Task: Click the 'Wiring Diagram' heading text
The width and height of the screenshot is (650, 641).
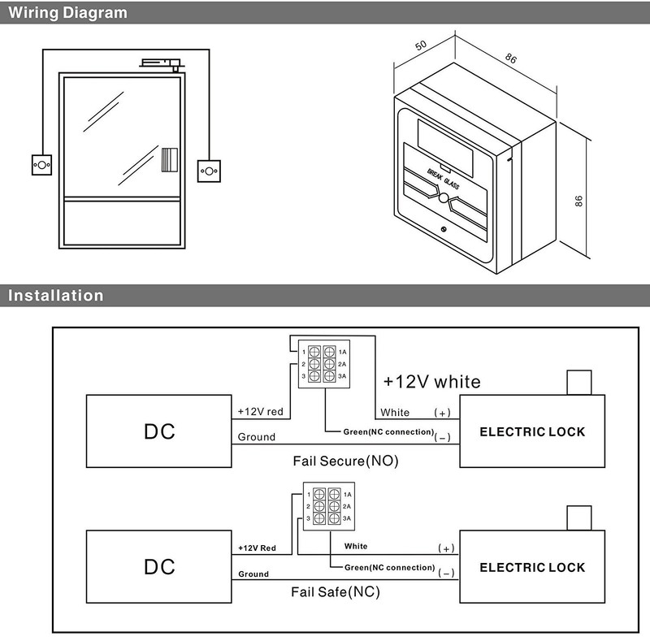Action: [67, 12]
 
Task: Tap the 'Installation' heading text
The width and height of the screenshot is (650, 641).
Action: [55, 295]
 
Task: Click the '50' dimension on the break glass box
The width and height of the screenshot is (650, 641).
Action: [421, 45]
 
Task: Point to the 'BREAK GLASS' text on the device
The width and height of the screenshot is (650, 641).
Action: [443, 179]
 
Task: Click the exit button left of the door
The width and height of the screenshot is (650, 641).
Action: [42, 165]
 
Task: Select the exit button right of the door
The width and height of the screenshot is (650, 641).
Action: [209, 171]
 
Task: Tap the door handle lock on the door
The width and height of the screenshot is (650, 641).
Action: [170, 159]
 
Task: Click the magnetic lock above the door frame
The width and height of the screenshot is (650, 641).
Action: [161, 63]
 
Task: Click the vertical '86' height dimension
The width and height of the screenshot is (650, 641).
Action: [578, 201]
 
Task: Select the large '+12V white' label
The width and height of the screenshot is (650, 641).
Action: [432, 382]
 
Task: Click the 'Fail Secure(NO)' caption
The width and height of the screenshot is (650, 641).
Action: [346, 461]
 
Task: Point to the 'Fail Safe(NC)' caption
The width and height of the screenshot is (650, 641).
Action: [336, 591]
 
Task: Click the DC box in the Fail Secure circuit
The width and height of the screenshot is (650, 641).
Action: [158, 431]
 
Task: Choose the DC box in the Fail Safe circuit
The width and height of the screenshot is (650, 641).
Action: [158, 566]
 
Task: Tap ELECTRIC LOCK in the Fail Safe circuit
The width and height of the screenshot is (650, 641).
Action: [532, 566]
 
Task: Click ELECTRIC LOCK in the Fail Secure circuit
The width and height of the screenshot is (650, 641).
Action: [532, 431]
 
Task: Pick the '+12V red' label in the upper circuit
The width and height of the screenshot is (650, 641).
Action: [260, 411]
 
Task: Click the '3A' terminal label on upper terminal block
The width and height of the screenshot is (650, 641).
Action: [342, 376]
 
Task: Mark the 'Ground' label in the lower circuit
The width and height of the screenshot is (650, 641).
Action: [253, 574]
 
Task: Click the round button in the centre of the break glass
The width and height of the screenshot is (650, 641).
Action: [443, 198]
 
